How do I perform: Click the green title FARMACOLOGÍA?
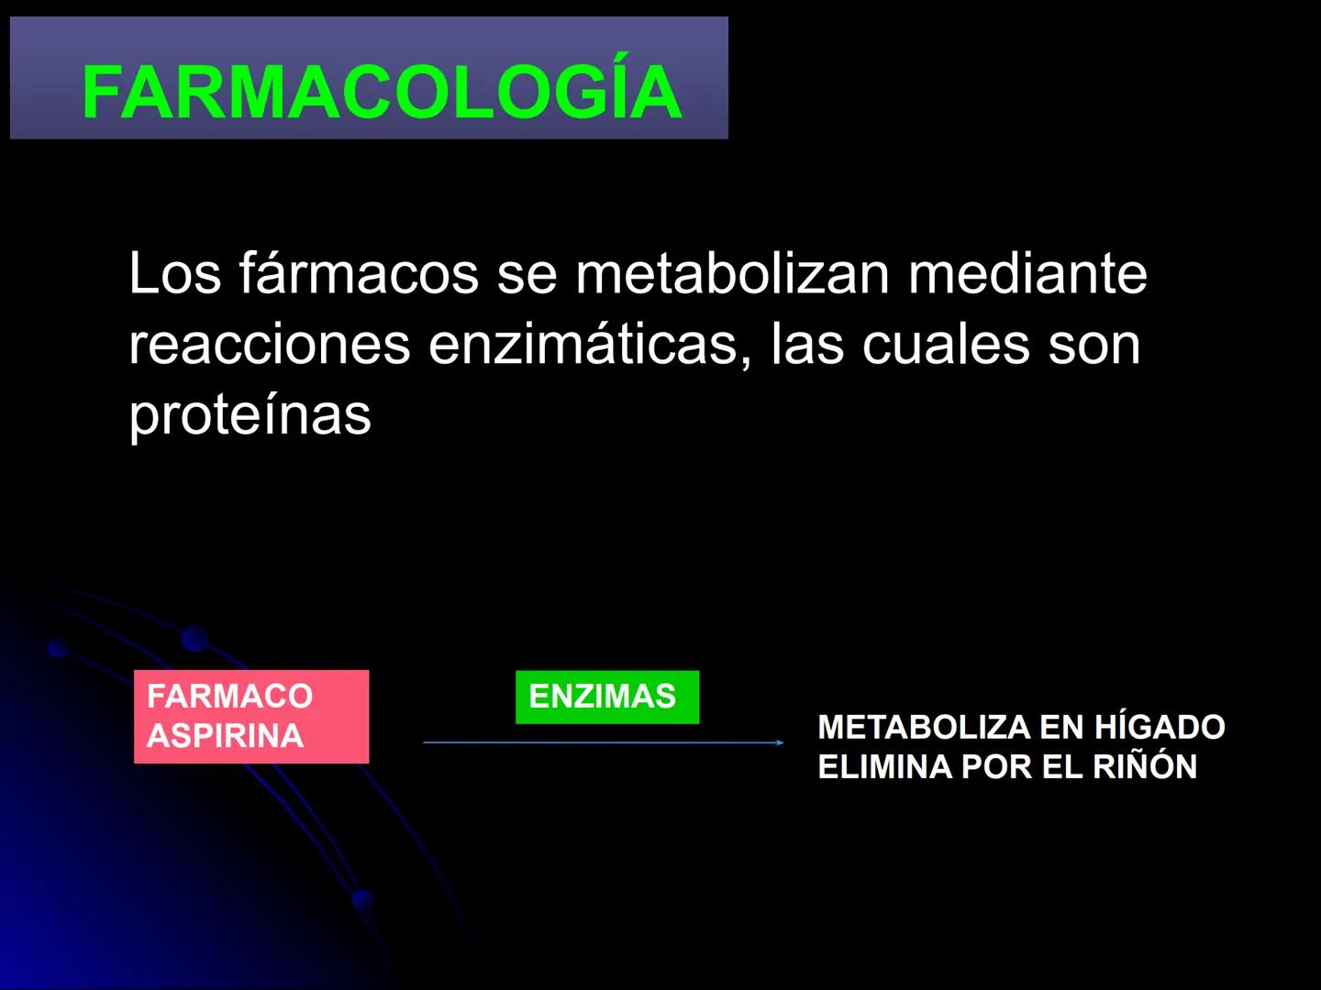[382, 92]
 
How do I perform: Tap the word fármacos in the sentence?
[359, 273]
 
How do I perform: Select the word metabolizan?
[732, 273]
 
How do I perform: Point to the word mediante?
[1027, 273]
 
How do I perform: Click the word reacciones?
[269, 344]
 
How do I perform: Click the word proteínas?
[250, 414]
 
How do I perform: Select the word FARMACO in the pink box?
[229, 696]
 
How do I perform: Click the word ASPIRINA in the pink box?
[225, 735]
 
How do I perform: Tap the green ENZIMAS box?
[606, 697]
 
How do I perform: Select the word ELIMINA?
[884, 766]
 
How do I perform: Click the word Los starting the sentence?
[175, 273]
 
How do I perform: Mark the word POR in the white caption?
[995, 766]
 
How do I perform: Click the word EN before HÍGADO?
[1061, 727]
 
